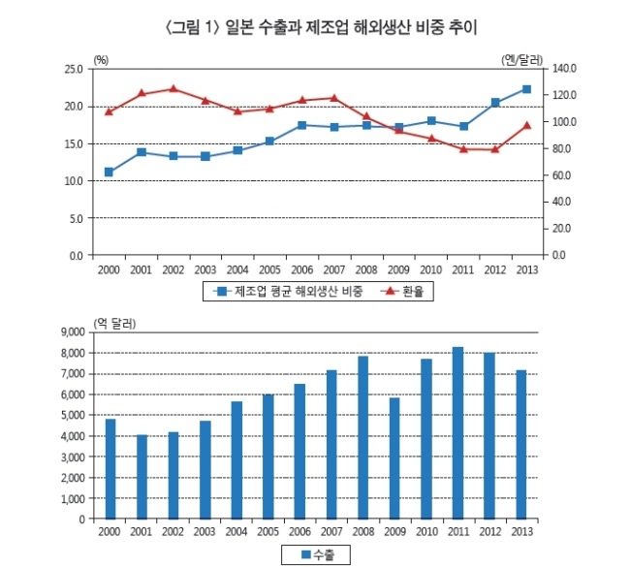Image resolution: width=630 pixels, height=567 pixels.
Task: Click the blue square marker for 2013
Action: [x=526, y=89]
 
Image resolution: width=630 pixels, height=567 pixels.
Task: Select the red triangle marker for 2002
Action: [x=173, y=89]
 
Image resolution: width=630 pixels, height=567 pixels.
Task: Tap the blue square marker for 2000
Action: [x=109, y=172]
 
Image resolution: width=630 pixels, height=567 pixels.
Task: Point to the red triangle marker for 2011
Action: [x=463, y=149]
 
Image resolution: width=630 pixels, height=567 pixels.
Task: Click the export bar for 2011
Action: [x=457, y=433]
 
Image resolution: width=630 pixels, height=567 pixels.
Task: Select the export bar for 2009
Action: [x=394, y=458]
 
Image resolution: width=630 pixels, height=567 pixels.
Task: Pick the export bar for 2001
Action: [x=142, y=477]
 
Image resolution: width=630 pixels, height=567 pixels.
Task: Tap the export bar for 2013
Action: [x=520, y=445]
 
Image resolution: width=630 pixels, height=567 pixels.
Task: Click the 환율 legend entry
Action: [x=402, y=291]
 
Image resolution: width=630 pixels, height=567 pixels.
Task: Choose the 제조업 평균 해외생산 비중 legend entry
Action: [x=288, y=291]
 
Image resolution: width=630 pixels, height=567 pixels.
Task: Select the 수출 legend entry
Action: [x=318, y=555]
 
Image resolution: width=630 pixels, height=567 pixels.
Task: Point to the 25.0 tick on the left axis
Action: [x=74, y=69]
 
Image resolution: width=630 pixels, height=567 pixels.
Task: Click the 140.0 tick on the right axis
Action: [x=564, y=68]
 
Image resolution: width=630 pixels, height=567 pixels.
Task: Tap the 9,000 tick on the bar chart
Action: [x=73, y=331]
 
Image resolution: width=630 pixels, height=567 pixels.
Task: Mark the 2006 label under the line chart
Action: [x=301, y=269]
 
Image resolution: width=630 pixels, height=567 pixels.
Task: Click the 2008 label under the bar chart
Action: [x=363, y=532]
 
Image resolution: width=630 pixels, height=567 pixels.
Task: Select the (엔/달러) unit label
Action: [x=521, y=60]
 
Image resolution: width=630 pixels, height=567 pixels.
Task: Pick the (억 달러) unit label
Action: [x=114, y=324]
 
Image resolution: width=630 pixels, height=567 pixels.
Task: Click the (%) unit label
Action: [x=101, y=60]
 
